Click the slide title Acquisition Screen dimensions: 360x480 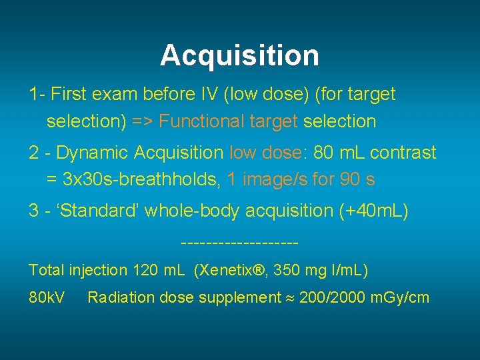239,55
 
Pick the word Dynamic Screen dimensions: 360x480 92,153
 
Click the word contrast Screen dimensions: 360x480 403,153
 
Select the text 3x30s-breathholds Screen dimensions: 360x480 142,179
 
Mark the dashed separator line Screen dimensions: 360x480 239,241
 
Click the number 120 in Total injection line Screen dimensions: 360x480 146,271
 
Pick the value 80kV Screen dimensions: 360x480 47,297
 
